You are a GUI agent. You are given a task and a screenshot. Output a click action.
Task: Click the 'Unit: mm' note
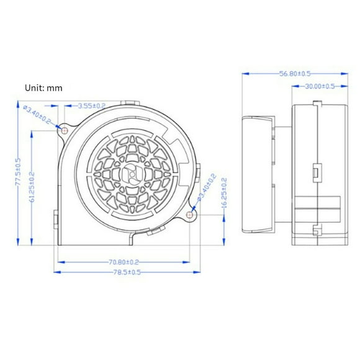click(43, 88)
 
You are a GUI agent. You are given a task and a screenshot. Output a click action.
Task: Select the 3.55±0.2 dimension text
click(92, 106)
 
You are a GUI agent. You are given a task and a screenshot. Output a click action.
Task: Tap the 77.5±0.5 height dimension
click(19, 173)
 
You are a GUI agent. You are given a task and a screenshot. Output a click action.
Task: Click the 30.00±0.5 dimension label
click(317, 86)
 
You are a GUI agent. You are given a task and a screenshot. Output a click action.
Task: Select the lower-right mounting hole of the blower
click(191, 215)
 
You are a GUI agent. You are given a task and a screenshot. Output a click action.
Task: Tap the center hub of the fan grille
click(131, 174)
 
